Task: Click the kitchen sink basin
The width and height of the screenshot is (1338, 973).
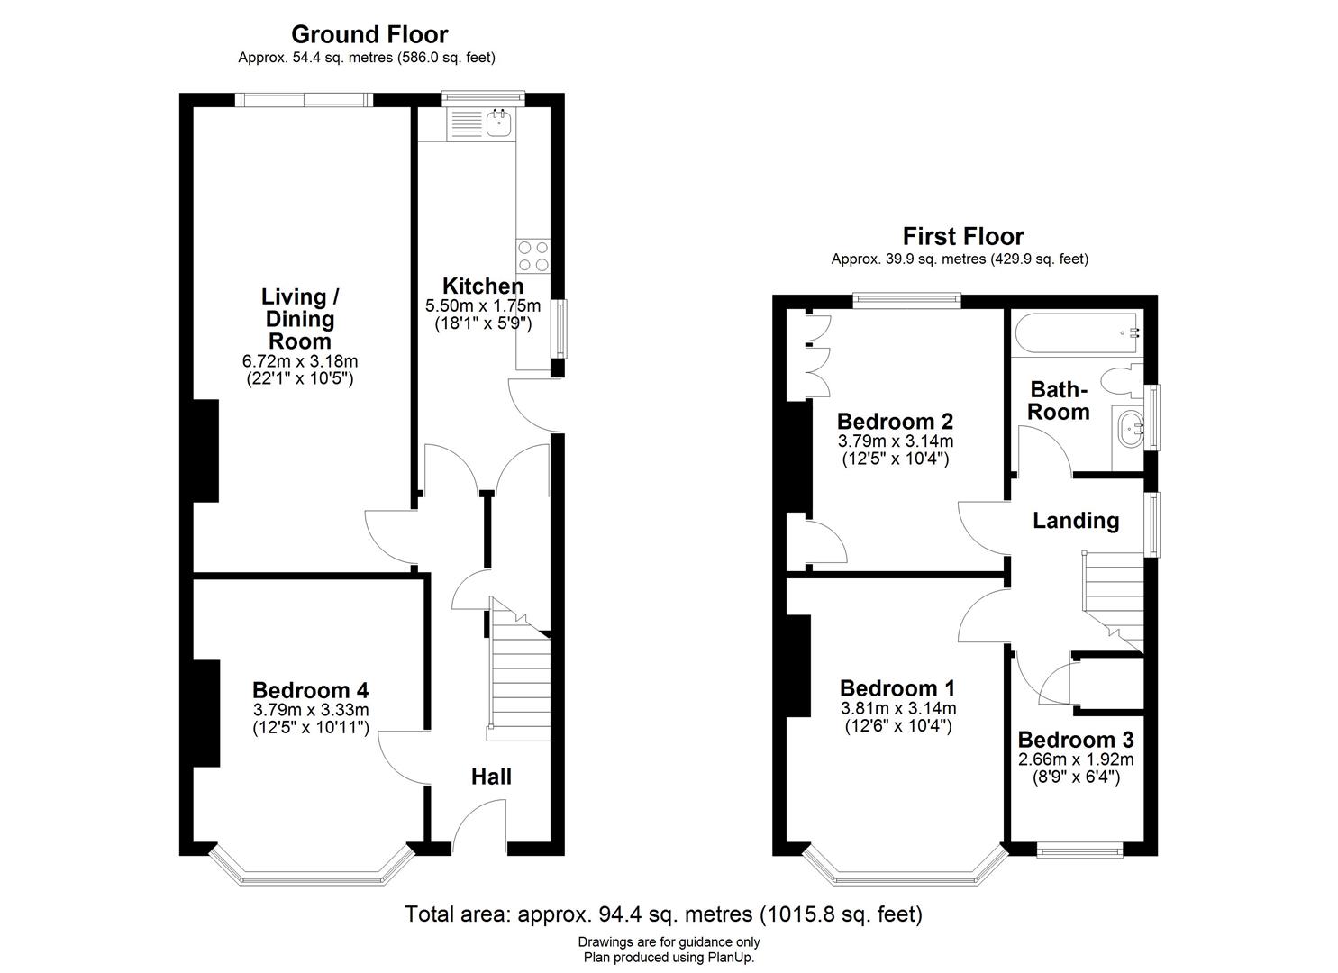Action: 498,123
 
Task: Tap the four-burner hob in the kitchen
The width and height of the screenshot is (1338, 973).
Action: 532,256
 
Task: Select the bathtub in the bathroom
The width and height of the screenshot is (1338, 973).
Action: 1077,332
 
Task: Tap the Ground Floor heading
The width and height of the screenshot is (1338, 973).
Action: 369,34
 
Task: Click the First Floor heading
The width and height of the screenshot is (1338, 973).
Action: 963,237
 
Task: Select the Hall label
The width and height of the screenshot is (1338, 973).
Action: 491,777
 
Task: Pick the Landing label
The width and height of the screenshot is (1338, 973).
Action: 1076,520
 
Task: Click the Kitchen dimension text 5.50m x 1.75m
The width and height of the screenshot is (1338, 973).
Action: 483,305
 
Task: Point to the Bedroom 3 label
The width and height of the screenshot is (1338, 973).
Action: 1076,740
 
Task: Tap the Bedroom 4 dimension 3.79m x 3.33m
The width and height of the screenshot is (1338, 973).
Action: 311,710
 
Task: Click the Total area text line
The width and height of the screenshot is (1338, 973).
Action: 664,914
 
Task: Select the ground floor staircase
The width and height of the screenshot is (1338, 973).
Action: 519,669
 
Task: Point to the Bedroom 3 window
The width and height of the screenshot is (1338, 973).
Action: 1079,850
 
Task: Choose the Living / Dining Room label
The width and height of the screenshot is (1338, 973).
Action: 300,319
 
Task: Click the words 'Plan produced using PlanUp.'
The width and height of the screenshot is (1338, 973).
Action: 669,958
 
